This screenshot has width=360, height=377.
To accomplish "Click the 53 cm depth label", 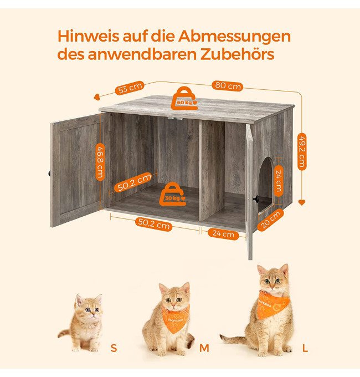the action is tap(130, 88).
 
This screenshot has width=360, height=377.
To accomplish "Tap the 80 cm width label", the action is tap(227, 85).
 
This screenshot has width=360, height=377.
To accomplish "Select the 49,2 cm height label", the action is tap(302, 151).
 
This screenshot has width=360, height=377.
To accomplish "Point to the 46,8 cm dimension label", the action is tap(100, 162).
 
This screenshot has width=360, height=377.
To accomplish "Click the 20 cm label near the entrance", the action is tap(270, 220).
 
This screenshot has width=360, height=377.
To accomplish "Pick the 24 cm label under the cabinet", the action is tap(223, 233).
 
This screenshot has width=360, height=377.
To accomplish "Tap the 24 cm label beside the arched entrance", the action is tap(279, 181).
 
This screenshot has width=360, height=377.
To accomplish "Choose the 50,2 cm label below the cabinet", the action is tap(154, 224).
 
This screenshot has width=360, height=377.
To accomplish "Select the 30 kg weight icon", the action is tap(173, 194).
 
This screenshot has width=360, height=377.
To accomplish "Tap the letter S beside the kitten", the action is tap(114, 348).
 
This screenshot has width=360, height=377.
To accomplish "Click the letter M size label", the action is tap(204, 348).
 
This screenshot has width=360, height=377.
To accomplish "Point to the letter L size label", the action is tap(305, 348).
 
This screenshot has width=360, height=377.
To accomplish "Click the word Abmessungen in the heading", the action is tap(234, 37).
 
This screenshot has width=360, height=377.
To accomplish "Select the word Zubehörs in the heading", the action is tap(237, 54).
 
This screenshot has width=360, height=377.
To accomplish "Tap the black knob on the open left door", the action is tap(49, 173).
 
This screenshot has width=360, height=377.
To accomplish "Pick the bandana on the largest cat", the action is tap(272, 304).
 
